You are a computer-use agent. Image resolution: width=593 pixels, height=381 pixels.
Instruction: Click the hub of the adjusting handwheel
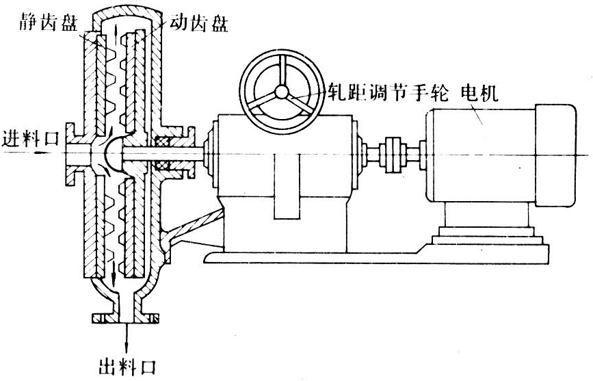click(280, 92)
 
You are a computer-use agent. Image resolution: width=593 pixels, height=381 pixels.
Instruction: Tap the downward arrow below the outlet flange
click(127, 337)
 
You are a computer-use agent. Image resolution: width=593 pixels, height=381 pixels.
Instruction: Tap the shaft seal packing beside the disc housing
click(163, 155)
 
